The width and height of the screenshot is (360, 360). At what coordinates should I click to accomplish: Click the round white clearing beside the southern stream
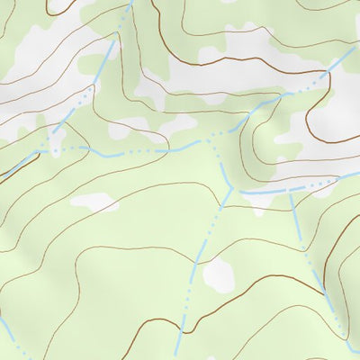pos(219,275)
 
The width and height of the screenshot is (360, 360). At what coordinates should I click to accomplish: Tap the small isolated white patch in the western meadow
pos(94,202)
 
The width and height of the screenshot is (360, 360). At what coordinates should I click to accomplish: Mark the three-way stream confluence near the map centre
pos(231,188)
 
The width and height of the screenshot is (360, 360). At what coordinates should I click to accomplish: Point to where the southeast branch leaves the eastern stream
pos(291,192)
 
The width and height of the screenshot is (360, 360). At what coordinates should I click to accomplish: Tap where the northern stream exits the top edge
pos(131,2)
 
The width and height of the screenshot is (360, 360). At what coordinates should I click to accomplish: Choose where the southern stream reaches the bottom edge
pos(177,357)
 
